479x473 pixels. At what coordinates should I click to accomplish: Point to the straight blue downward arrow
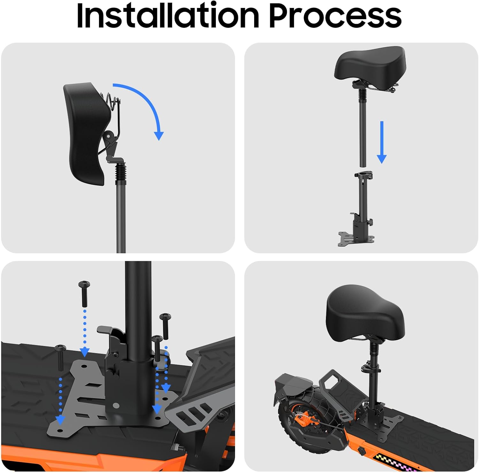[382, 142]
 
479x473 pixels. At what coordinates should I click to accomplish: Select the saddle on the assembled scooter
[366, 313]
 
